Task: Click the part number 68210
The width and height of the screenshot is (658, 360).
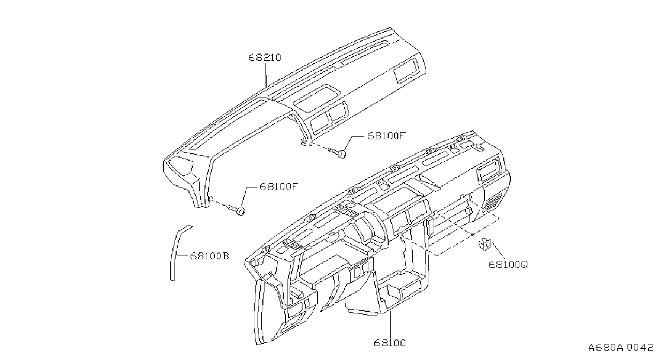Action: pyautogui.click(x=264, y=57)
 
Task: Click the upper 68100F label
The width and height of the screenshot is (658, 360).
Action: pyautogui.click(x=387, y=136)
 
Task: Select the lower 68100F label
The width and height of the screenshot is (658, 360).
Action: pyautogui.click(x=279, y=187)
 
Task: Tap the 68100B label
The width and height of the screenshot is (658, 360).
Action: pyautogui.click(x=209, y=256)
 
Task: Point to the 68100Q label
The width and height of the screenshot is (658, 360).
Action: pyautogui.click(x=508, y=265)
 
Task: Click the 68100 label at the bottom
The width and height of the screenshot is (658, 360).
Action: pyautogui.click(x=390, y=343)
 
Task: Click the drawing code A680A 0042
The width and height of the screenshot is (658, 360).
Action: pyautogui.click(x=621, y=348)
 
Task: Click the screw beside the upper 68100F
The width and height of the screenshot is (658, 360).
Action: pyautogui.click(x=337, y=152)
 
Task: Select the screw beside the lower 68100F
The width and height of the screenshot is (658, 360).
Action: pyautogui.click(x=237, y=210)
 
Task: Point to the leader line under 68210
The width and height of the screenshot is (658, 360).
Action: pyautogui.click(x=266, y=74)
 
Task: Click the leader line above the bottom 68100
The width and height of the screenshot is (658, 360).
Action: pyautogui.click(x=390, y=324)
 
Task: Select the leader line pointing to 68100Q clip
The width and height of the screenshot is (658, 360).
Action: pyautogui.click(x=498, y=250)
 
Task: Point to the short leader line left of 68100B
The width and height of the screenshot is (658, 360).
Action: pyautogui.click(x=182, y=256)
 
